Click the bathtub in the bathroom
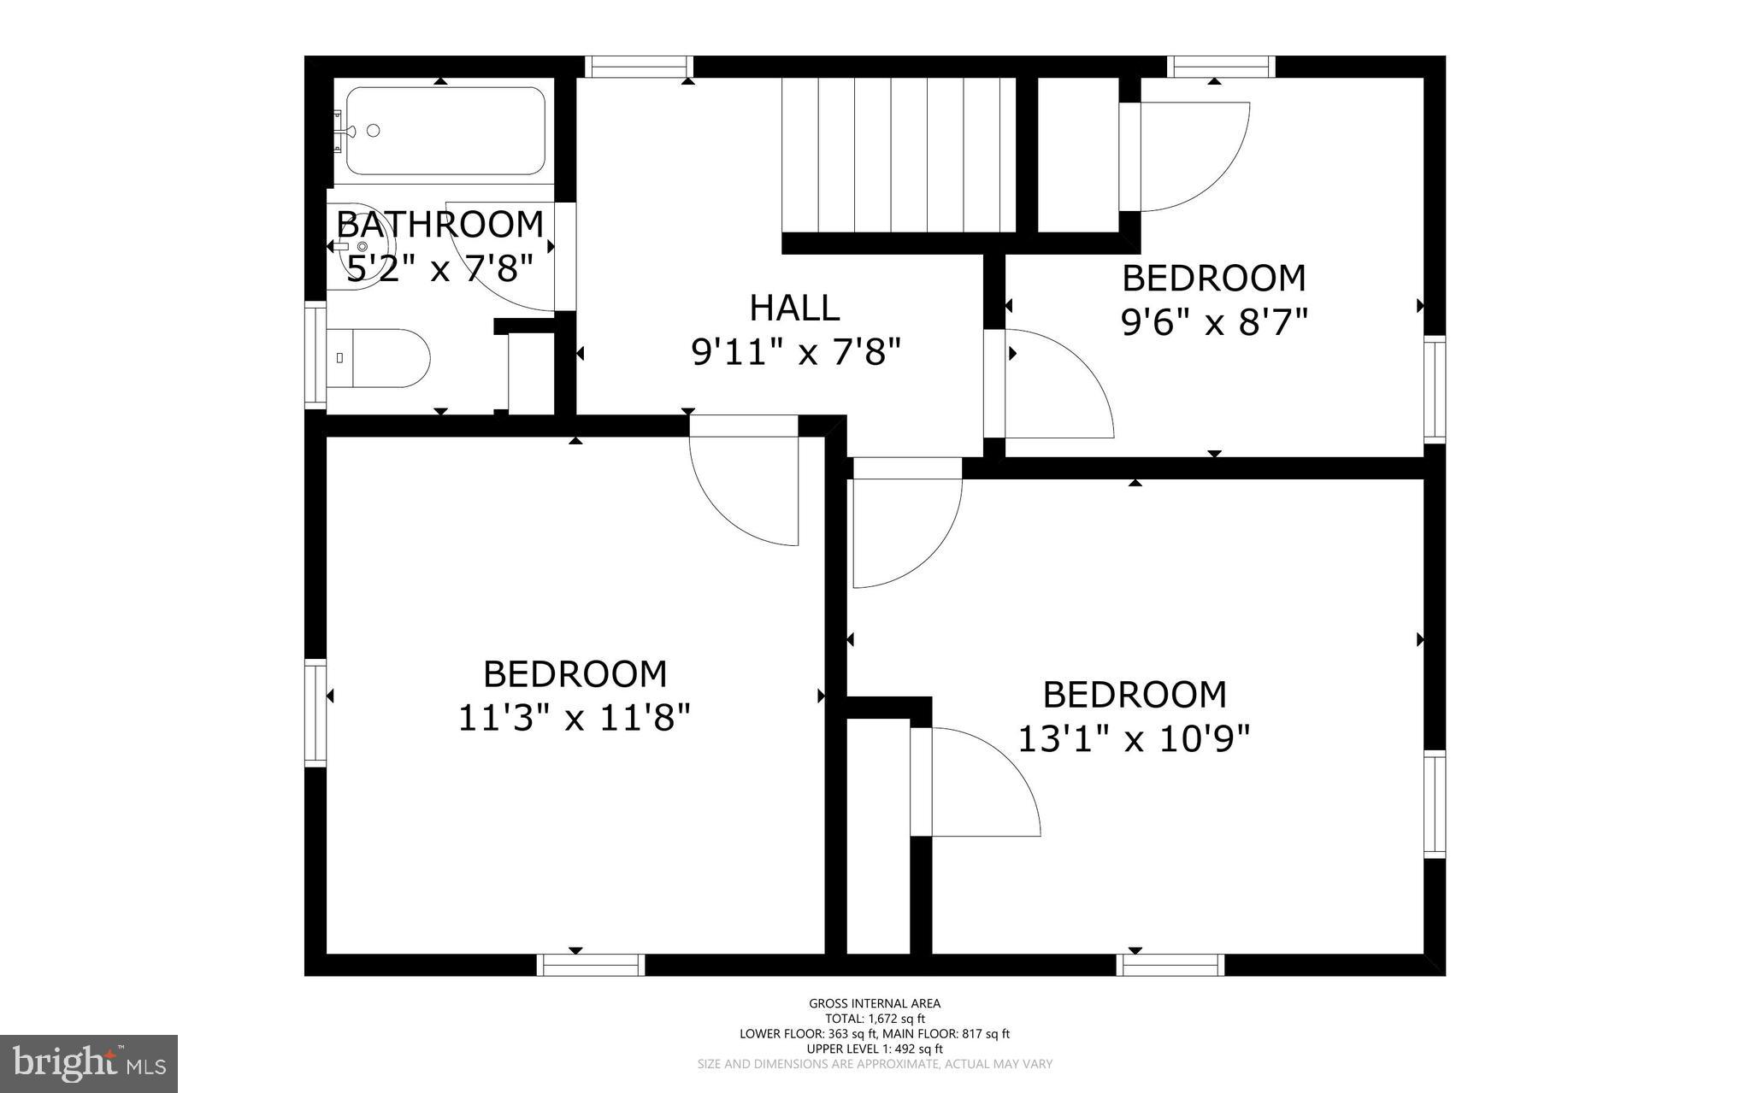point(445,131)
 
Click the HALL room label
point(794,308)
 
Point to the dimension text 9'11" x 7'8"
point(796,351)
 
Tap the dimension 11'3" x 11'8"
point(574,718)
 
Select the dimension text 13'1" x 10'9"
point(1134,738)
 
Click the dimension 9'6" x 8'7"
point(1214,322)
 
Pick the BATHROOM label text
point(440,225)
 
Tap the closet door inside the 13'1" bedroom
point(983,782)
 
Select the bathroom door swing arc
point(504,261)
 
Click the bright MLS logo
point(89,1063)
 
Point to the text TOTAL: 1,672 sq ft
point(875,1019)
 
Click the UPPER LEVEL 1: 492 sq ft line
point(875,1049)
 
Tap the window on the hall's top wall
point(639,67)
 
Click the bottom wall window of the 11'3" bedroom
point(591,965)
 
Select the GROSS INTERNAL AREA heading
point(875,1003)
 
